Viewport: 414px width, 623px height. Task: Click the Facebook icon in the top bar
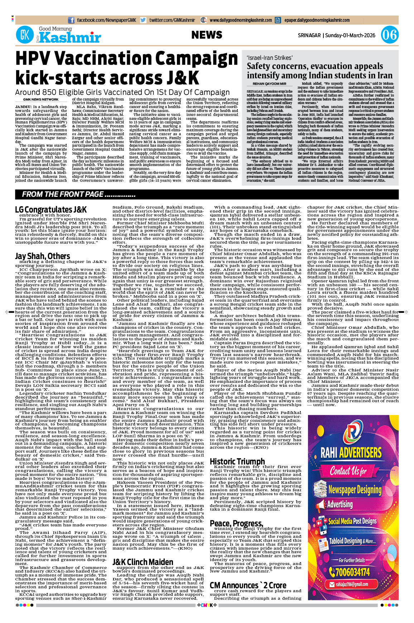click(71, 20)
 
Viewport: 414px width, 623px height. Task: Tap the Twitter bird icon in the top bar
click(143, 20)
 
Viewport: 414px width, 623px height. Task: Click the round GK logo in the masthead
click(25, 35)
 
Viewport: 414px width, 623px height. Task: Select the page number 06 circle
click(389, 35)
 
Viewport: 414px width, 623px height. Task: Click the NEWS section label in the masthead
click(207, 35)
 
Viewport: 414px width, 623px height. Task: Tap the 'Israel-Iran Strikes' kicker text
click(269, 58)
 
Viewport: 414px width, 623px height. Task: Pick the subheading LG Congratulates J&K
click(51, 210)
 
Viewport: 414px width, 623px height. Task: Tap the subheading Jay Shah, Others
click(42, 256)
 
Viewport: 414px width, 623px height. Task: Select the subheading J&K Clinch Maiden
click(143, 562)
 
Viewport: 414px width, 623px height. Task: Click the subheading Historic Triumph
click(237, 462)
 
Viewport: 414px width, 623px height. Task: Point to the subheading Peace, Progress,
click(236, 524)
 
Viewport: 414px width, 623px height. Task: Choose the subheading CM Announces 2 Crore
click(248, 585)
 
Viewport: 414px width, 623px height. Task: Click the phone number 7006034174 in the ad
click(352, 572)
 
